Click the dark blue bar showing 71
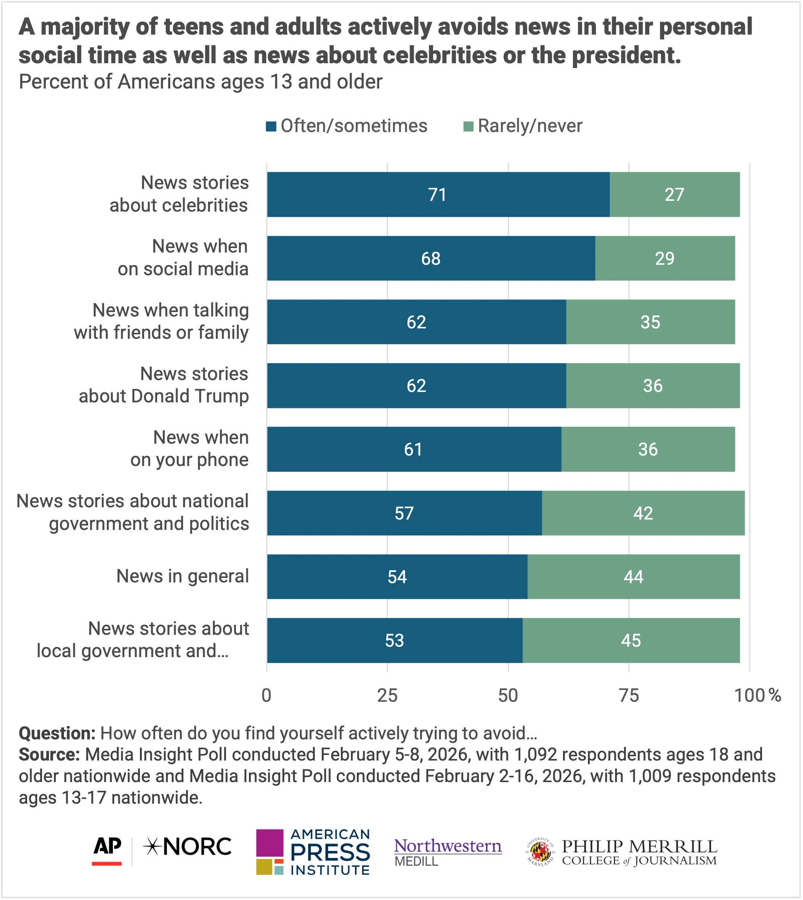(x=438, y=195)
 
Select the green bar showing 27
(x=674, y=195)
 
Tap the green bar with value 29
(x=665, y=258)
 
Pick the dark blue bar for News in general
(x=397, y=577)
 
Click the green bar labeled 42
(x=643, y=513)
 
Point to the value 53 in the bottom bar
(x=394, y=640)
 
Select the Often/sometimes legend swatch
(x=271, y=126)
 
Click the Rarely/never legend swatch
(x=468, y=126)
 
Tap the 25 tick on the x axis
(x=387, y=695)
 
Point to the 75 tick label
(x=629, y=695)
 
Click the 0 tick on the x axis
(x=266, y=695)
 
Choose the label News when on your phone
(x=190, y=449)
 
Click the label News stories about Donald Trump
(x=164, y=385)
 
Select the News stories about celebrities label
(x=179, y=194)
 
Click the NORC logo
(x=188, y=847)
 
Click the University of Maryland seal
(x=540, y=852)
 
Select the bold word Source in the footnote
(x=48, y=755)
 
